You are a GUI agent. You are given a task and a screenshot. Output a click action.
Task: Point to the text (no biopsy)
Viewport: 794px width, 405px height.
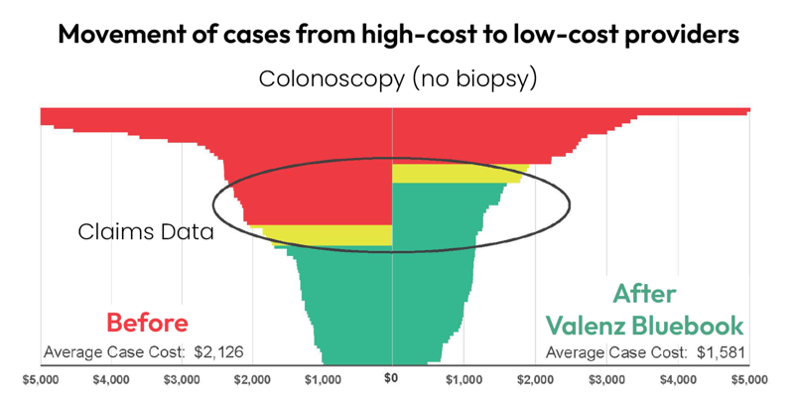[x=468, y=78]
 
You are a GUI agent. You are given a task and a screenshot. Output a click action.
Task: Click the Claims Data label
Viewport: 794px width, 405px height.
[x=146, y=232]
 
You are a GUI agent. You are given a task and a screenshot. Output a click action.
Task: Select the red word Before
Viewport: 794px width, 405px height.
[x=146, y=323]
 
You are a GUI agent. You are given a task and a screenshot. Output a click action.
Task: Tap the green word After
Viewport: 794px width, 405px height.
[x=644, y=294]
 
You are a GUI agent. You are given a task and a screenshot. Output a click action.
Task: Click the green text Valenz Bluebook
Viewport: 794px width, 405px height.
[x=645, y=325]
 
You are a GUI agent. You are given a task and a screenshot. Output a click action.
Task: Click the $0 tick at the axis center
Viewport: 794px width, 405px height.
[x=392, y=378]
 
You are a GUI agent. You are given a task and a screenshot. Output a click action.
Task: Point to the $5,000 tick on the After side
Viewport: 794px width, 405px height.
[x=749, y=379]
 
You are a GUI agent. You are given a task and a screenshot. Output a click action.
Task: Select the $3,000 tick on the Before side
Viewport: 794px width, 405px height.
[x=182, y=379]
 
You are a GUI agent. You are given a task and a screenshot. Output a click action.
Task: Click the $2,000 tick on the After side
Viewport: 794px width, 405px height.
[x=536, y=379]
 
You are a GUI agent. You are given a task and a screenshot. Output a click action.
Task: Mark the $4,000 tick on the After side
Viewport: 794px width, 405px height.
[x=678, y=379]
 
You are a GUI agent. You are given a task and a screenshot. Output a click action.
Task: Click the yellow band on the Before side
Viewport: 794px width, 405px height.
[x=328, y=235]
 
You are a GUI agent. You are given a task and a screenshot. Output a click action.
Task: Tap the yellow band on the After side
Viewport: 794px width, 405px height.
[x=452, y=175]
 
